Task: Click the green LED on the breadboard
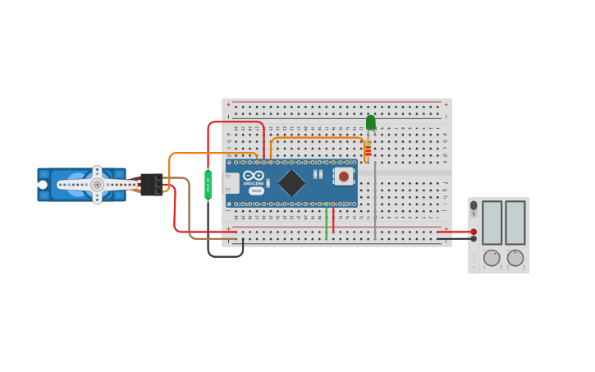(x=370, y=122)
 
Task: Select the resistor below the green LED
(x=367, y=149)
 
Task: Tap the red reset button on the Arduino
(x=343, y=176)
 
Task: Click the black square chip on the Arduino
(x=292, y=182)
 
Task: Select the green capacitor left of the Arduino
(x=208, y=184)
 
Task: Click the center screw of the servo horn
(x=97, y=185)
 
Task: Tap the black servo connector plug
(x=150, y=184)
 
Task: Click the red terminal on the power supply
(x=474, y=232)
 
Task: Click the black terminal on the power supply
(x=474, y=239)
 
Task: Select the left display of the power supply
(x=492, y=222)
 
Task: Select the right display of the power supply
(x=515, y=222)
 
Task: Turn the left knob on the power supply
(x=492, y=258)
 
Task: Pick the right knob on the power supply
(x=515, y=258)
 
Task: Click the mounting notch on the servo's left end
(x=43, y=185)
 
